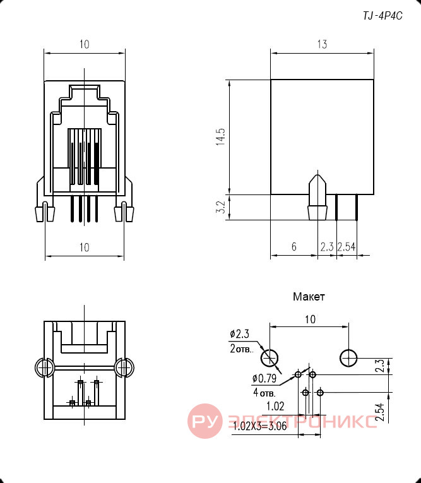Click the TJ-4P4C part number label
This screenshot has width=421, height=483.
[x=382, y=16]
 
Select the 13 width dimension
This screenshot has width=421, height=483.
[x=322, y=44]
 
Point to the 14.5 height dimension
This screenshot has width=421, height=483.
[x=221, y=137]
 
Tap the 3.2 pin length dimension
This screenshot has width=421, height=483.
[x=220, y=207]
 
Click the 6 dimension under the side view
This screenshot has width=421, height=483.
[x=294, y=246]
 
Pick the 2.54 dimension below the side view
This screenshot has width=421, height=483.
[x=347, y=247]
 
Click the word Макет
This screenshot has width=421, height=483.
[x=309, y=297]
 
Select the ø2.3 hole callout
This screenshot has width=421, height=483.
[x=240, y=334]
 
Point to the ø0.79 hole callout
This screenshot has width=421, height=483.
[x=264, y=378]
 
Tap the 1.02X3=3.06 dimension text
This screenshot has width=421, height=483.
[x=260, y=426]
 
